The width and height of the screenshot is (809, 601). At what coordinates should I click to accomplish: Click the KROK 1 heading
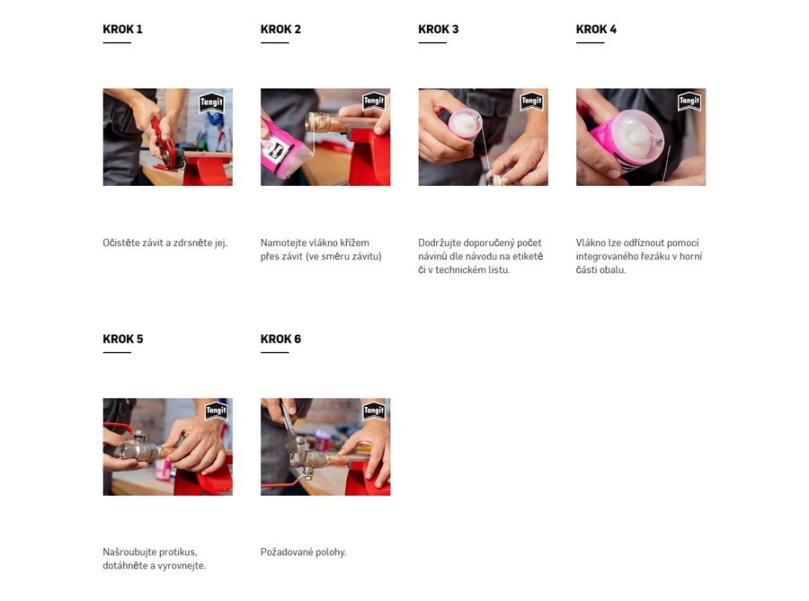(122, 30)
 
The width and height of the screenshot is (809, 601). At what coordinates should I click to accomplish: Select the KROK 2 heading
(280, 30)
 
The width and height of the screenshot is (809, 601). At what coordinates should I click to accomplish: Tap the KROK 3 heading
(438, 30)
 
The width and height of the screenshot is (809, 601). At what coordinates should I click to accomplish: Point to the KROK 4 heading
(596, 30)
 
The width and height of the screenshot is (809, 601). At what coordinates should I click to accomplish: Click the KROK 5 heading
(123, 340)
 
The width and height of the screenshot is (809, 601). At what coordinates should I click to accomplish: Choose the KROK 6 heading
(280, 340)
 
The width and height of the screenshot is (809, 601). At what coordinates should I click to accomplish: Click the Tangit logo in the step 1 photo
(211, 102)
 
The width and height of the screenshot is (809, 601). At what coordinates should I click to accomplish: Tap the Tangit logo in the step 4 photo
(689, 101)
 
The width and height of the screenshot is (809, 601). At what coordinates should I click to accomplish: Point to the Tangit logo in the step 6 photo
(374, 411)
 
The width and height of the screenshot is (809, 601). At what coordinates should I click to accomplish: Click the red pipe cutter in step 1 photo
(165, 145)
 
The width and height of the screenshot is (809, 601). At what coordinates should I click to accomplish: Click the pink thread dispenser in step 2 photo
(283, 149)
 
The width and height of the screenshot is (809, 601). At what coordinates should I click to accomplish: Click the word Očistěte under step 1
(120, 243)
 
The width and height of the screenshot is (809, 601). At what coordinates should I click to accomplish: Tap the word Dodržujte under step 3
(439, 243)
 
